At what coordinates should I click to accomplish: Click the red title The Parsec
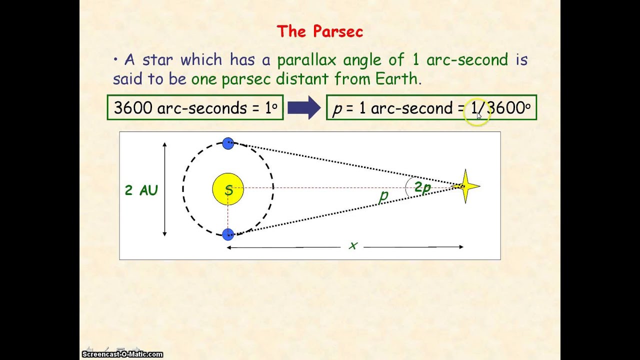[319, 32]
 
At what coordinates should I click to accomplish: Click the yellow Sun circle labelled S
[228, 189]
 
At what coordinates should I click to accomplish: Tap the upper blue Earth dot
[228, 143]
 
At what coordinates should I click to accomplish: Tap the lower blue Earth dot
[228, 234]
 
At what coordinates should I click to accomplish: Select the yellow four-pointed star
[465, 186]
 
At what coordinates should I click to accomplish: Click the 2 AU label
[141, 190]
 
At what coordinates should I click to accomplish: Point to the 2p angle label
[422, 187]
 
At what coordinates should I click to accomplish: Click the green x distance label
[353, 246]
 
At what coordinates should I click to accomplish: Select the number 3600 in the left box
[133, 108]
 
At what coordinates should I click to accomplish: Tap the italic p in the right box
[337, 109]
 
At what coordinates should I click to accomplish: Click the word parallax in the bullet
[308, 60]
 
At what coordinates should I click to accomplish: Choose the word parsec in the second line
[247, 79]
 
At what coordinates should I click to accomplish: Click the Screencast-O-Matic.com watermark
[122, 354]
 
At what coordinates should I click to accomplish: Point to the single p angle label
[383, 195]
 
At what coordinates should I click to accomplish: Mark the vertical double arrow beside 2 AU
[164, 189]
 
